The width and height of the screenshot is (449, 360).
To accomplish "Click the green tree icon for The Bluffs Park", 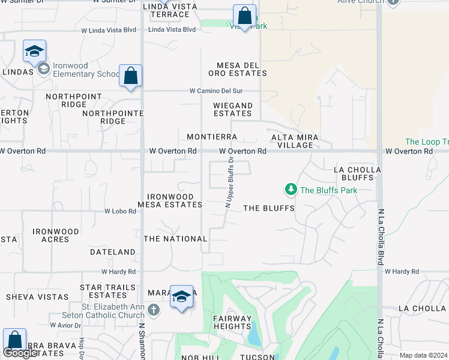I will [x=291, y=190].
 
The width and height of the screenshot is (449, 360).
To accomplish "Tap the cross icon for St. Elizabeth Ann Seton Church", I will [x=154, y=310].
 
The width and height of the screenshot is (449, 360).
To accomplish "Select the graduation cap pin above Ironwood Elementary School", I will [x=35, y=51].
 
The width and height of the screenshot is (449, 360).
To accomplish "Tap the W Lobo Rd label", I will [x=121, y=211].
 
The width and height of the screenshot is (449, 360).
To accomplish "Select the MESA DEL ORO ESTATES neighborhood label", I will [x=237, y=69].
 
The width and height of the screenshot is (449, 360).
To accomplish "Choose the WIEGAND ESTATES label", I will [x=233, y=109].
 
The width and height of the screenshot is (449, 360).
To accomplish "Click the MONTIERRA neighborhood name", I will [x=212, y=137].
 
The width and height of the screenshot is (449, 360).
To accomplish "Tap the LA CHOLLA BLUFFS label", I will [x=357, y=174].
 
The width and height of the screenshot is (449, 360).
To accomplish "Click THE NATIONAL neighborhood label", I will [x=175, y=239].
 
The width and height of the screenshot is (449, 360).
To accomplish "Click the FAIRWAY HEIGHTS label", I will [x=232, y=322].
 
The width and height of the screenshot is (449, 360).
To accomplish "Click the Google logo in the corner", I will [x=20, y=353].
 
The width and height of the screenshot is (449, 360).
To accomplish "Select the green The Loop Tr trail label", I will [x=427, y=142].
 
